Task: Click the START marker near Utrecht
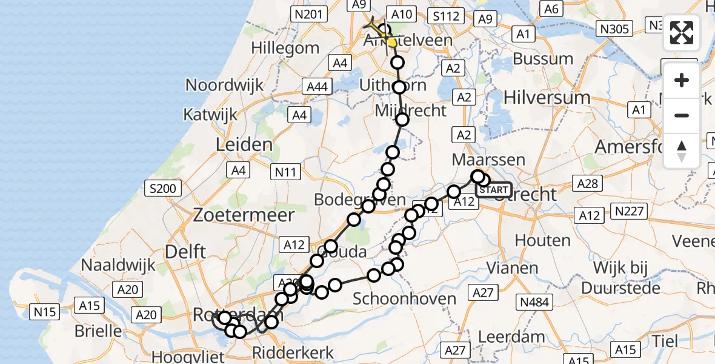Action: [493, 190]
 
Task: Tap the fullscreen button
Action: [682, 33]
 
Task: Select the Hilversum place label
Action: [547, 97]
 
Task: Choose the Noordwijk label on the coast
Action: [224, 85]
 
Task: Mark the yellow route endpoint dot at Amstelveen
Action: [392, 43]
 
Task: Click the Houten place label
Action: [543, 241]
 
